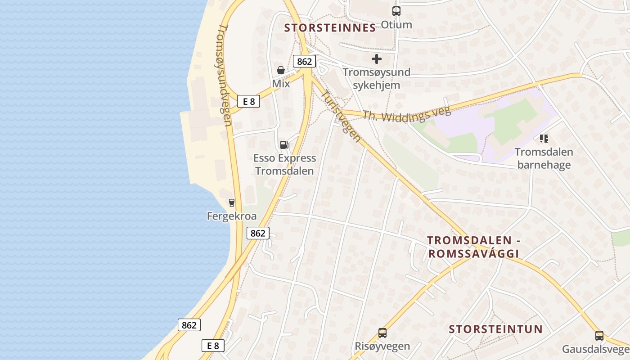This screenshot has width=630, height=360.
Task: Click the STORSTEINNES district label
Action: click(x=330, y=28)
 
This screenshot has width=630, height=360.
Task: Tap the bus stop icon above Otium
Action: click(x=396, y=11)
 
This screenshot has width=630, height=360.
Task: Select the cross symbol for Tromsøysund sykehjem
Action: click(x=377, y=59)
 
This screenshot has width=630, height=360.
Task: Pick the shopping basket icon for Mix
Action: click(x=281, y=70)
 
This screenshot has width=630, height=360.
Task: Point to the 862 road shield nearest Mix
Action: click(x=304, y=61)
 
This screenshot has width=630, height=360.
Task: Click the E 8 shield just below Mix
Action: click(x=249, y=101)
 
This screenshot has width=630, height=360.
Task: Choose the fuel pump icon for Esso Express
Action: click(x=284, y=144)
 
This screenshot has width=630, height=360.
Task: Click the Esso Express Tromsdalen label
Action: click(x=284, y=164)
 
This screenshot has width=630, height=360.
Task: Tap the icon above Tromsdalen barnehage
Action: click(x=544, y=139)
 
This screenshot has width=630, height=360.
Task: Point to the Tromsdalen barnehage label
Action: click(x=544, y=158)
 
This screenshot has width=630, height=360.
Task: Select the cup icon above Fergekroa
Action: click(x=232, y=203)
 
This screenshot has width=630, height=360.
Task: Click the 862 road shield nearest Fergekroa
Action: click(x=258, y=233)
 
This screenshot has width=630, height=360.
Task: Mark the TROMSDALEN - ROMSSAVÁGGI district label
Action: click(x=473, y=247)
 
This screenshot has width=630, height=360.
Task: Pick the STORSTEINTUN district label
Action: click(x=495, y=329)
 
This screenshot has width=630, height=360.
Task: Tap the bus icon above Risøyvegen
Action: click(x=382, y=333)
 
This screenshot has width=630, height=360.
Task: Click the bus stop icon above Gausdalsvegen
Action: click(x=599, y=336)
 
